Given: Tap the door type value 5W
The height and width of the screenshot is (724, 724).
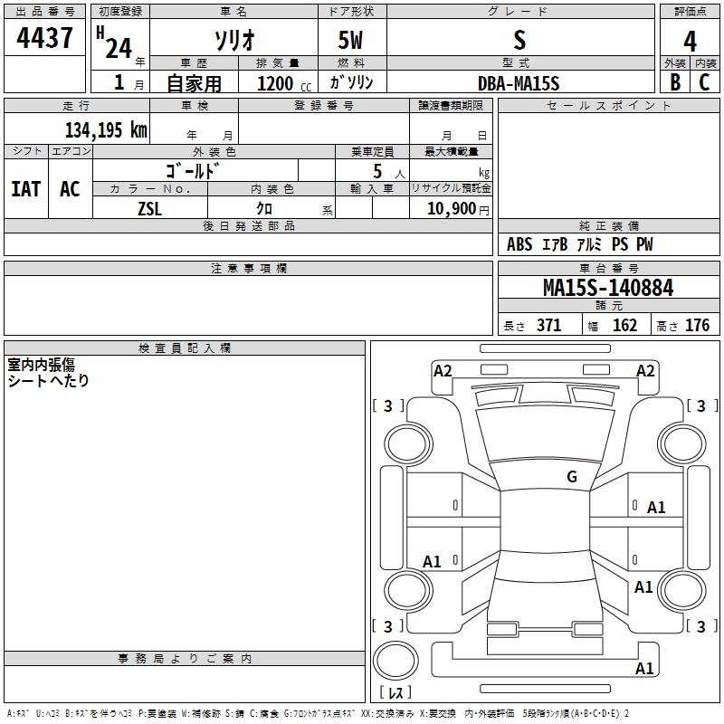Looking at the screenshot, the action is click(351, 42).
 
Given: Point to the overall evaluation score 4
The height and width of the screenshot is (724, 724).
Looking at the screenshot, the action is click(691, 42).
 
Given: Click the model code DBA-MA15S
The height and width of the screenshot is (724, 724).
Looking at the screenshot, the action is click(519, 83).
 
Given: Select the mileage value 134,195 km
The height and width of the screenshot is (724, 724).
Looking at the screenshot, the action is click(106, 130).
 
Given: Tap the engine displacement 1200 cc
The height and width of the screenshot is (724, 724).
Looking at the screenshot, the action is click(276, 83).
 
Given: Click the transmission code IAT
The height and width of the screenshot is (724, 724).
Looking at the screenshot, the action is click(25, 188).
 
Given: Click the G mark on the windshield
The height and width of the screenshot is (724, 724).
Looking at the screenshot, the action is click(571, 477).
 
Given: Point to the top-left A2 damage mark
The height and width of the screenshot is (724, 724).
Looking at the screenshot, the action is click(443, 371).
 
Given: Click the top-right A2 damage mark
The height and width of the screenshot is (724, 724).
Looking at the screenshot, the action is click(645, 371).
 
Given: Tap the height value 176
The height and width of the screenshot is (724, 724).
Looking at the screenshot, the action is click(698, 326).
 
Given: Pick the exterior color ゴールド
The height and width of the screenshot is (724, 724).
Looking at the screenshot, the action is click(194, 170).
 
